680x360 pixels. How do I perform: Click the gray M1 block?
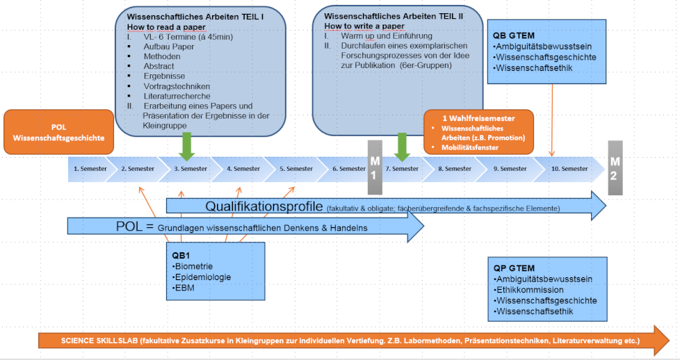point(375,167)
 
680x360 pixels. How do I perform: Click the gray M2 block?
point(615,168)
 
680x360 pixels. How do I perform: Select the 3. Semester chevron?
point(187,169)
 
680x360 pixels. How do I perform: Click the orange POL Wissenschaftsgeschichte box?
point(58,132)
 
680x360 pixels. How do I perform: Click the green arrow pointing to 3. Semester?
point(187,147)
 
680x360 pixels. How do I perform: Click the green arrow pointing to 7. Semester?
point(402,147)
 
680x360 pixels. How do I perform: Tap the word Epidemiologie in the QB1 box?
point(203,277)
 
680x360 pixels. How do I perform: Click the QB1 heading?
point(181,256)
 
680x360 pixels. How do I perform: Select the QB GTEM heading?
point(514,35)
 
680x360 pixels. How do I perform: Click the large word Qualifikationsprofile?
point(264,206)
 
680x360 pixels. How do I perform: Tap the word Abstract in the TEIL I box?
point(159,66)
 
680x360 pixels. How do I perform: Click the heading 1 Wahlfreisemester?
point(479,118)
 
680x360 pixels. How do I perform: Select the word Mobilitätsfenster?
point(470,147)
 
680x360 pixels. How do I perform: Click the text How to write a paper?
point(364,26)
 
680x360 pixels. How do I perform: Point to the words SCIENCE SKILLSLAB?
point(99,341)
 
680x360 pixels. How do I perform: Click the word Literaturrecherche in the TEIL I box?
point(177,97)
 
